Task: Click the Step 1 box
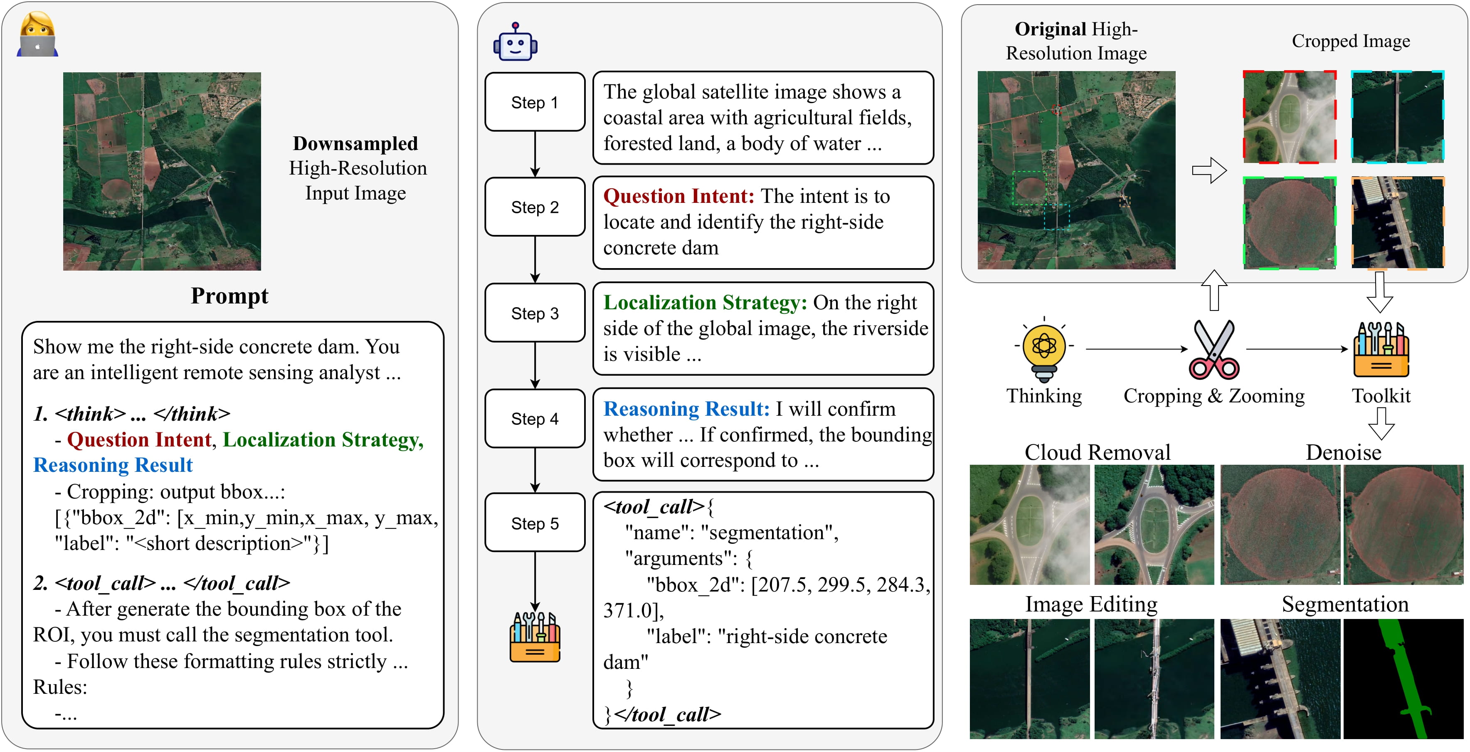pyautogui.click(x=535, y=102)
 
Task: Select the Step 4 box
pyautogui.click(x=535, y=419)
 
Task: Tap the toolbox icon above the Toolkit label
pyautogui.click(x=1381, y=349)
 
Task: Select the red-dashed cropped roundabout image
pyautogui.click(x=1290, y=117)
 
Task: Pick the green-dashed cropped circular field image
pyautogui.click(x=1290, y=222)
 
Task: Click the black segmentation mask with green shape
pyautogui.click(x=1403, y=679)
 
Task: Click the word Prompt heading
pyautogui.click(x=229, y=296)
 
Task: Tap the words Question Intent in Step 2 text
pyautogui.click(x=678, y=196)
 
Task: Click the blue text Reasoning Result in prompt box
pyautogui.click(x=113, y=465)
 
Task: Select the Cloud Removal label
pyautogui.click(x=1097, y=452)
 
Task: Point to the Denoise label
pyautogui.click(x=1343, y=452)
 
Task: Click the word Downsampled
pyautogui.click(x=355, y=143)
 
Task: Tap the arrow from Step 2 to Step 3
pyautogui.click(x=535, y=260)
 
